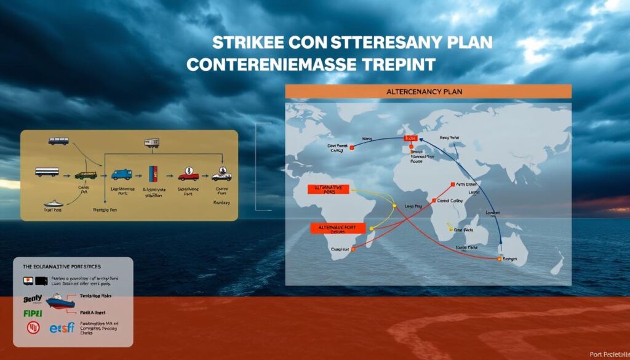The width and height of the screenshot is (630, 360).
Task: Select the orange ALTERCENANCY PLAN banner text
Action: pyautogui.click(x=428, y=91)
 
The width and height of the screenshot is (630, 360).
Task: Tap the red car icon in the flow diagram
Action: pyautogui.click(x=188, y=175)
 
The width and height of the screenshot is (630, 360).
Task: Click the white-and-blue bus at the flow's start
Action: pyautogui.click(x=47, y=172)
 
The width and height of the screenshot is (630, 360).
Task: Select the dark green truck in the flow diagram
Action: pyautogui.click(x=86, y=175)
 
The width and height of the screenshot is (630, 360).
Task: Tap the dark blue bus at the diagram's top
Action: pyautogui.click(x=58, y=141)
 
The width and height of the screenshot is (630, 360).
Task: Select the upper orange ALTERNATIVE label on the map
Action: pyautogui.click(x=325, y=189)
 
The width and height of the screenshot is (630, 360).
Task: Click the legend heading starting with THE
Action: pyautogui.click(x=62, y=267)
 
